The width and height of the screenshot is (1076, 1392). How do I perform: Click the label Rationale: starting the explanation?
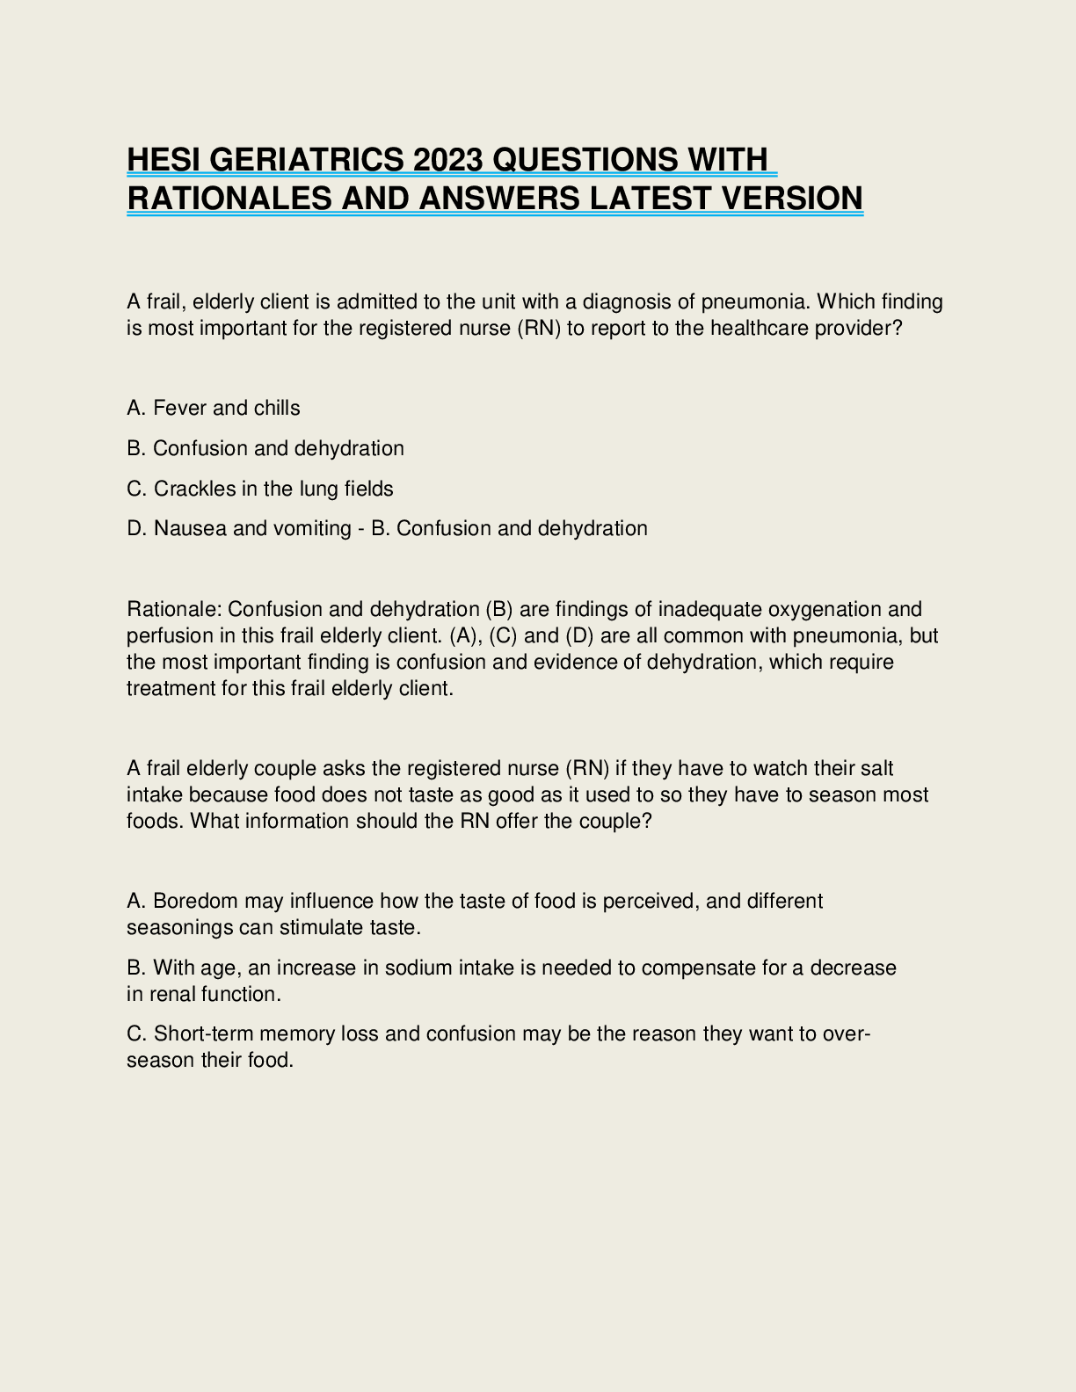point(174,609)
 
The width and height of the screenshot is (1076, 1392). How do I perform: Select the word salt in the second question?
point(876,768)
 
